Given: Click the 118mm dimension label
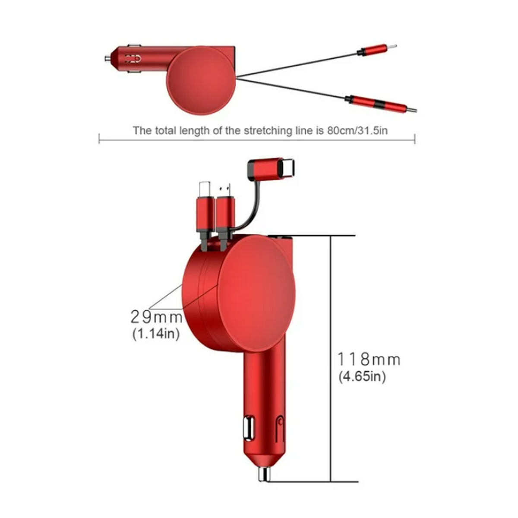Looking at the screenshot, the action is [369, 359].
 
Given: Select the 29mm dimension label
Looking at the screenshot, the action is [156, 317].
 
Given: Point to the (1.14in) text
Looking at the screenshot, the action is [156, 334].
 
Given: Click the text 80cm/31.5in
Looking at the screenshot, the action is [357, 131].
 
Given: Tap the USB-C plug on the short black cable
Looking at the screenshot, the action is [271, 169].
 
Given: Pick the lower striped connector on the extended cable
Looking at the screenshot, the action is [381, 104].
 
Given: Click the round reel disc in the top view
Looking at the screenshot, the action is [201, 80].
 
